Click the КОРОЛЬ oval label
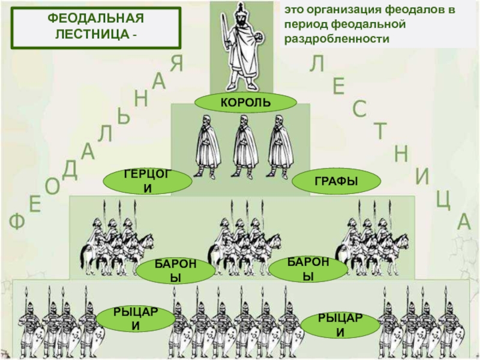point(245,103)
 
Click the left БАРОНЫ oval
point(175,271)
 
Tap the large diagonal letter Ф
point(16,223)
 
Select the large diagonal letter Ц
point(443,200)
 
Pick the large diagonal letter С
point(359,109)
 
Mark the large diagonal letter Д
point(70,170)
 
